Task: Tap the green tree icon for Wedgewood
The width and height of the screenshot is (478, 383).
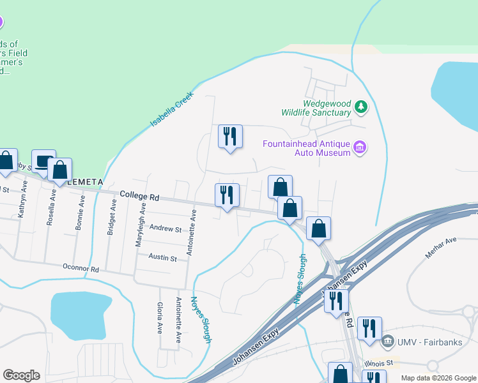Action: [x=362, y=107]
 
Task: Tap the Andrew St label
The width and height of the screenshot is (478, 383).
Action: [x=165, y=228]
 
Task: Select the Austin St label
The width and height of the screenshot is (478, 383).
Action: [x=162, y=258]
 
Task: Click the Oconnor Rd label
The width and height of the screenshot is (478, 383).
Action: [x=81, y=269]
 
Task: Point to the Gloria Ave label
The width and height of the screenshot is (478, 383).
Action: [x=159, y=315]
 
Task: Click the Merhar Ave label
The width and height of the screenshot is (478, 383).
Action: [x=442, y=248]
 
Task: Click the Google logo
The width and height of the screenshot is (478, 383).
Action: [x=21, y=375]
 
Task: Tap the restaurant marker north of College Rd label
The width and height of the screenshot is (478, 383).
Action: [x=230, y=137]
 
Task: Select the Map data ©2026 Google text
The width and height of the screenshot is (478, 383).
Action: [x=438, y=378]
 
